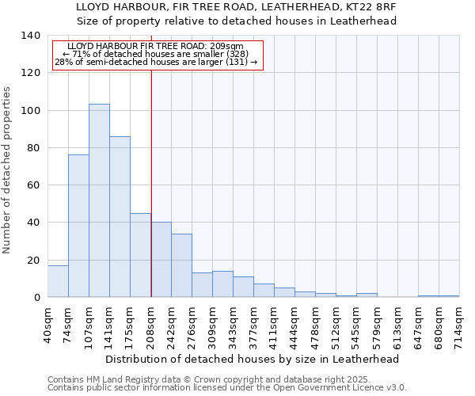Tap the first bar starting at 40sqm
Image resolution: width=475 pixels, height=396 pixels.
[58, 281]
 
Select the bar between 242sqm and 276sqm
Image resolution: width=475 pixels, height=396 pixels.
[181, 265]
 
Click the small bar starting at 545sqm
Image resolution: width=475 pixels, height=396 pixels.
[367, 295]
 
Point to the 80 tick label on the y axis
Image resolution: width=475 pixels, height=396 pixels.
[33, 147]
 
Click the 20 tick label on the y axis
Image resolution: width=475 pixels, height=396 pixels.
[33, 260]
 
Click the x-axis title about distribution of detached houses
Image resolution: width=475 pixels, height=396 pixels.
[252, 359]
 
